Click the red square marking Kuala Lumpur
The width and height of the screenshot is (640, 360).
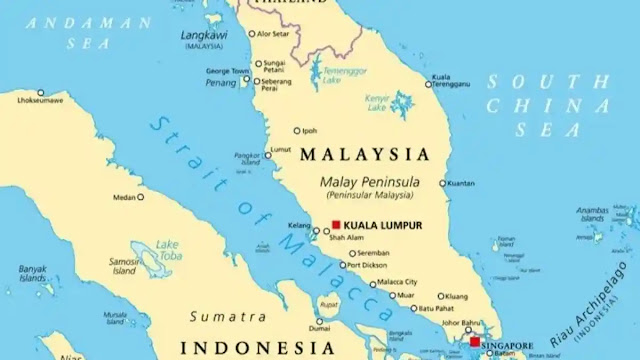pyautogui.click(x=337, y=225)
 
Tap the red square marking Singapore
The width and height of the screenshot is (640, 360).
pyautogui.click(x=474, y=341)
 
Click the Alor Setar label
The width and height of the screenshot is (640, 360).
pyautogui.click(x=276, y=34)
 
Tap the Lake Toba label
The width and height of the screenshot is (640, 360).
pyautogui.click(x=168, y=249)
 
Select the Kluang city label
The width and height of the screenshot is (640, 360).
pyautogui.click(x=456, y=296)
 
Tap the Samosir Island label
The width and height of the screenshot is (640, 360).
pyautogui.click(x=124, y=265)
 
